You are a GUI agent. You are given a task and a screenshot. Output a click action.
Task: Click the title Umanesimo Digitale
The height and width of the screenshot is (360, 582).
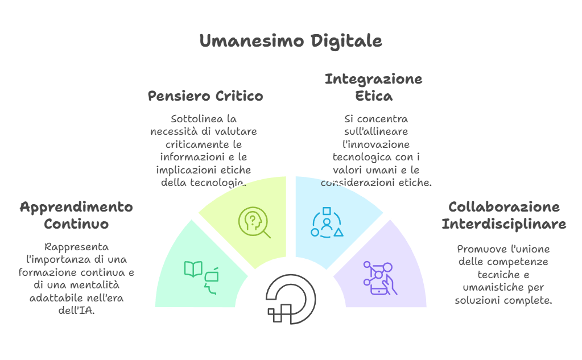pos(290,42)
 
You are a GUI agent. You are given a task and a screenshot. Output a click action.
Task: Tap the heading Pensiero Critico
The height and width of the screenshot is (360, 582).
pos(205,96)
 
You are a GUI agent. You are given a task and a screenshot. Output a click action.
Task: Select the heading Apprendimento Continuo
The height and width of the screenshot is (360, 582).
pos(76,215)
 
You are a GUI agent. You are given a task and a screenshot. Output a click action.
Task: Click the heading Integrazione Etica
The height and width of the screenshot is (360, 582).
pos(373,87)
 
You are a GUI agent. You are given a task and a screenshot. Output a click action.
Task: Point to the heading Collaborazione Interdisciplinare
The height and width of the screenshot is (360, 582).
pos(503,215)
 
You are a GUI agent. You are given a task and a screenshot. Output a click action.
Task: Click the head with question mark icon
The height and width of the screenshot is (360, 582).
pos(253,222)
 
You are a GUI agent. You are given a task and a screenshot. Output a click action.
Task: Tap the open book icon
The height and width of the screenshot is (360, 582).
pos(193,269)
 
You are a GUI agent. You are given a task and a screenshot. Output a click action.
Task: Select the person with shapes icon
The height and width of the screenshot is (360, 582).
pos(327,222)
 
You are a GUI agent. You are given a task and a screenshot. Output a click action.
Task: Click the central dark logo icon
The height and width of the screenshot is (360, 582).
pos(291,299)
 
